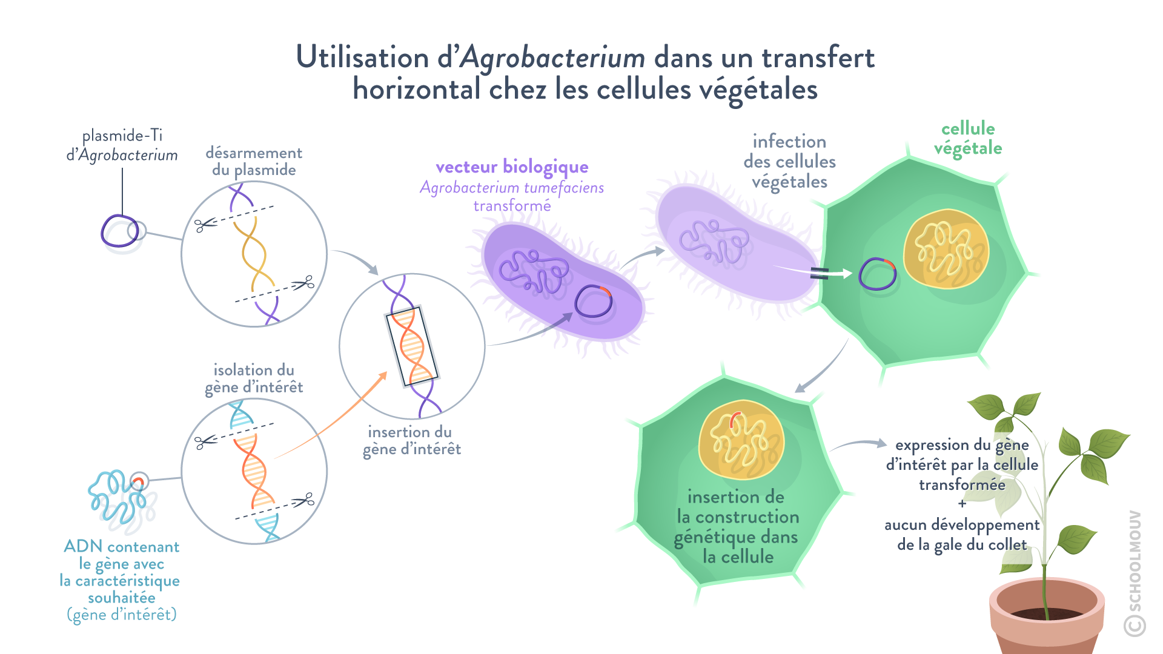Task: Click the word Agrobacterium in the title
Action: [552, 58]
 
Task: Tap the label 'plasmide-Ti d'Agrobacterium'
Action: [122, 145]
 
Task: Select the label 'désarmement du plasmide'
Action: [254, 161]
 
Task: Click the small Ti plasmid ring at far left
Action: [123, 233]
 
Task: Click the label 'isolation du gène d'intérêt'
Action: [254, 378]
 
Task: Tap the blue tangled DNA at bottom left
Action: [121, 500]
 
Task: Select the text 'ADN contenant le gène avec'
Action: [121, 555]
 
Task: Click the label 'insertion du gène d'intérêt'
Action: [411, 440]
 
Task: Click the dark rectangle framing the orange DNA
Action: [412, 346]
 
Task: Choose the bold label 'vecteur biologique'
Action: [512, 167]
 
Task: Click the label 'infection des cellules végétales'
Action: [789, 161]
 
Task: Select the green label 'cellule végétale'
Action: [967, 138]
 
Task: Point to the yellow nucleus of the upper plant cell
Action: [946, 249]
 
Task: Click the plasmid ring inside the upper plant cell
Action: [877, 274]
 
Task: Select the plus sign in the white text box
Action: [962, 504]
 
